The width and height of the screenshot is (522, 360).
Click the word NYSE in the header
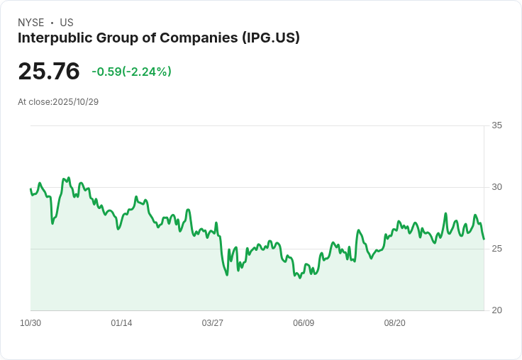(x=31, y=23)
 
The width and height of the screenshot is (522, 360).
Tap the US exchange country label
(x=67, y=23)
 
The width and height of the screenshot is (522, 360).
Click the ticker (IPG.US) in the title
(x=270, y=38)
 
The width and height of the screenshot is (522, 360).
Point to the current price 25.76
(x=49, y=72)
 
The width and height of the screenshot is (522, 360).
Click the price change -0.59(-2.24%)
(x=131, y=72)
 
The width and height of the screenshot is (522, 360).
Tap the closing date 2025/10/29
(x=75, y=102)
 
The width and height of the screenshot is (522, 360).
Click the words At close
(x=34, y=102)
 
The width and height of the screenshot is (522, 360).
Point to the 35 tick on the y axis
(x=496, y=125)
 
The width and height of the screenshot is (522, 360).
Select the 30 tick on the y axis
(x=496, y=187)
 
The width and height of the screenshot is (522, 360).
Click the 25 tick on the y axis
(x=496, y=249)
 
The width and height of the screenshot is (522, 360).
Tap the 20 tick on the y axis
(x=496, y=310)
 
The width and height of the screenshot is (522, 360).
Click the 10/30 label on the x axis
(x=30, y=323)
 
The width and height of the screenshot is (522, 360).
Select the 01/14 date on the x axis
(x=121, y=323)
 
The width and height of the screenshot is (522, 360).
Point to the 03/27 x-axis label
(x=212, y=323)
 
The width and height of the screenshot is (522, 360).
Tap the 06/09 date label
(x=304, y=323)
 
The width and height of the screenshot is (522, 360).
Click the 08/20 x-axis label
(x=394, y=323)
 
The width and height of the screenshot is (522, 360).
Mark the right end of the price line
(x=484, y=239)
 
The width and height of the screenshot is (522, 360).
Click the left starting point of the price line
(x=30, y=189)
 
